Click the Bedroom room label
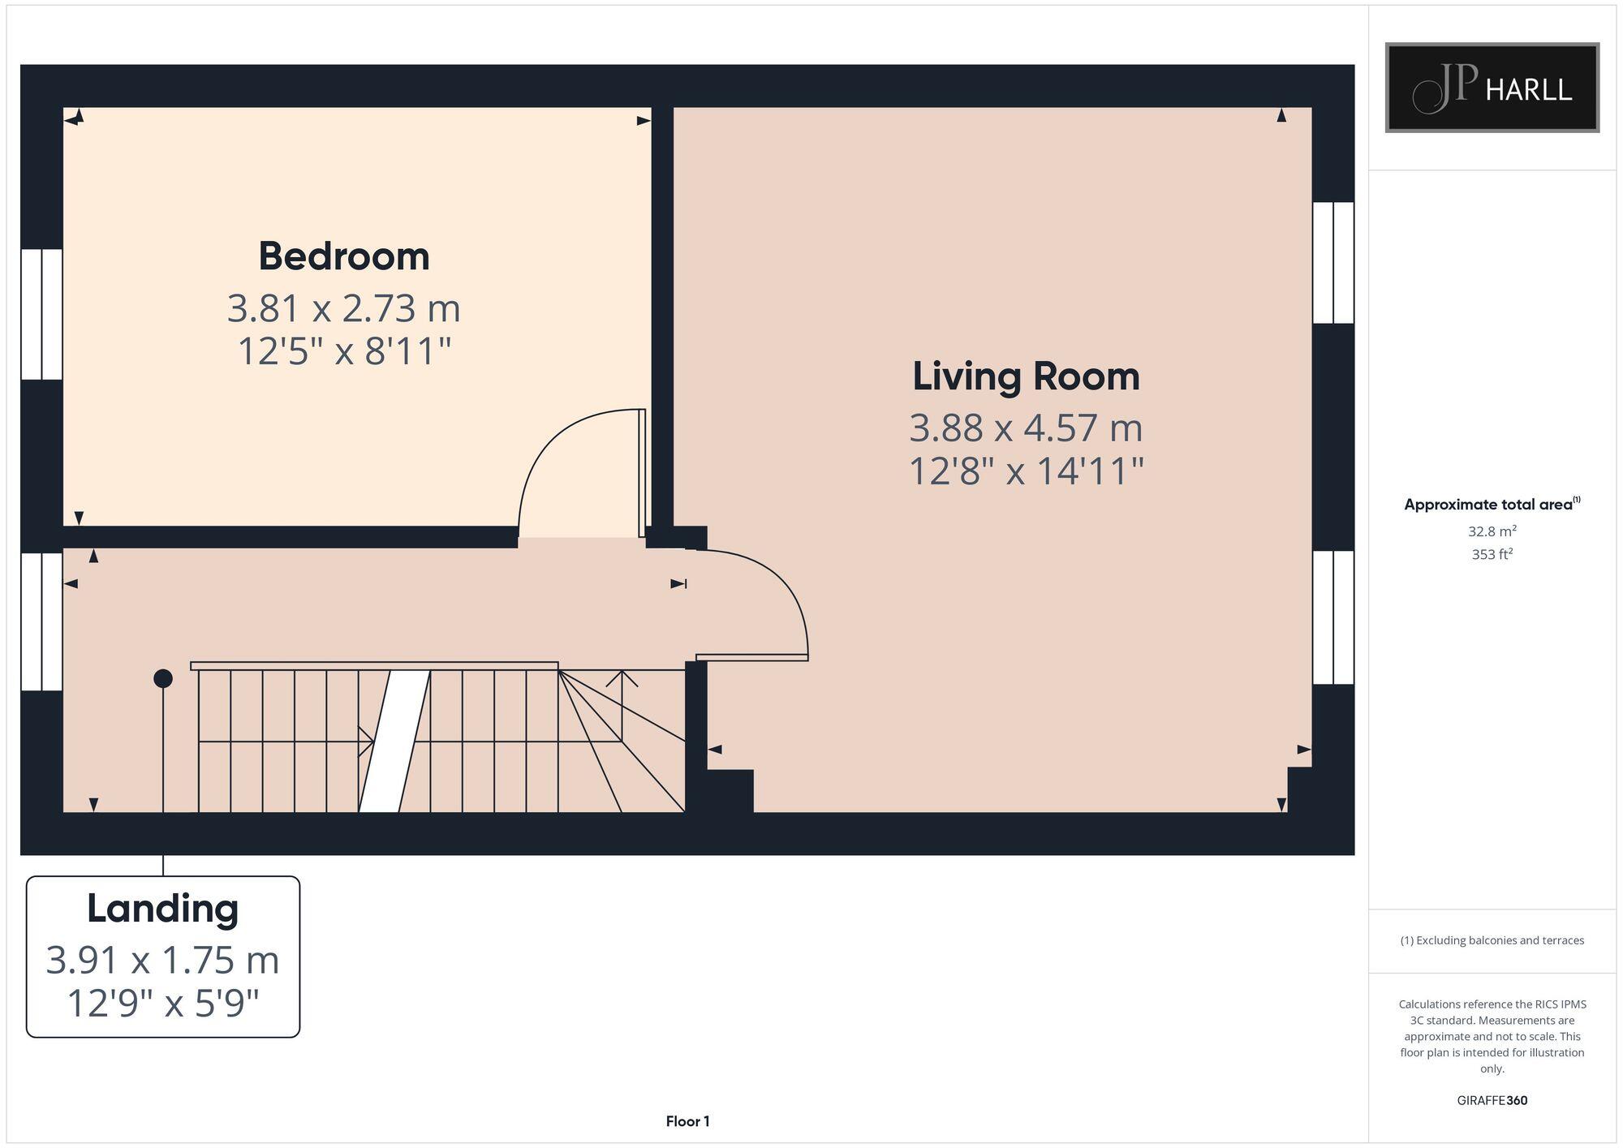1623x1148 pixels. tap(344, 256)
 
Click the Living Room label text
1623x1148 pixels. tap(1026, 376)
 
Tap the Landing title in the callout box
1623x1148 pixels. tap(162, 908)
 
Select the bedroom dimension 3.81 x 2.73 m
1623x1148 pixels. tap(344, 308)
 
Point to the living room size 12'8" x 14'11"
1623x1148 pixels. tap(1026, 471)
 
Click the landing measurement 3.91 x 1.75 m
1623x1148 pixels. tap(162, 960)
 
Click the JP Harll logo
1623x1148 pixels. tap(1492, 88)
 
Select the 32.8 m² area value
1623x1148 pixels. tap(1492, 531)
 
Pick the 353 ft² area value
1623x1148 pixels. tap(1492, 555)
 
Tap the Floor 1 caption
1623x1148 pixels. tap(687, 1121)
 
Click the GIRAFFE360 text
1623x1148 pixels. tap(1492, 1100)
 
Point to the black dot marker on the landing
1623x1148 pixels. tap(163, 678)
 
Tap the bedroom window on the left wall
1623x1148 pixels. tap(41, 314)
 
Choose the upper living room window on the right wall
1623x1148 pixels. tap(1333, 263)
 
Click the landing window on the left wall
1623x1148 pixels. tap(41, 621)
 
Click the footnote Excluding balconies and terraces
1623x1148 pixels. tap(1492, 940)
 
